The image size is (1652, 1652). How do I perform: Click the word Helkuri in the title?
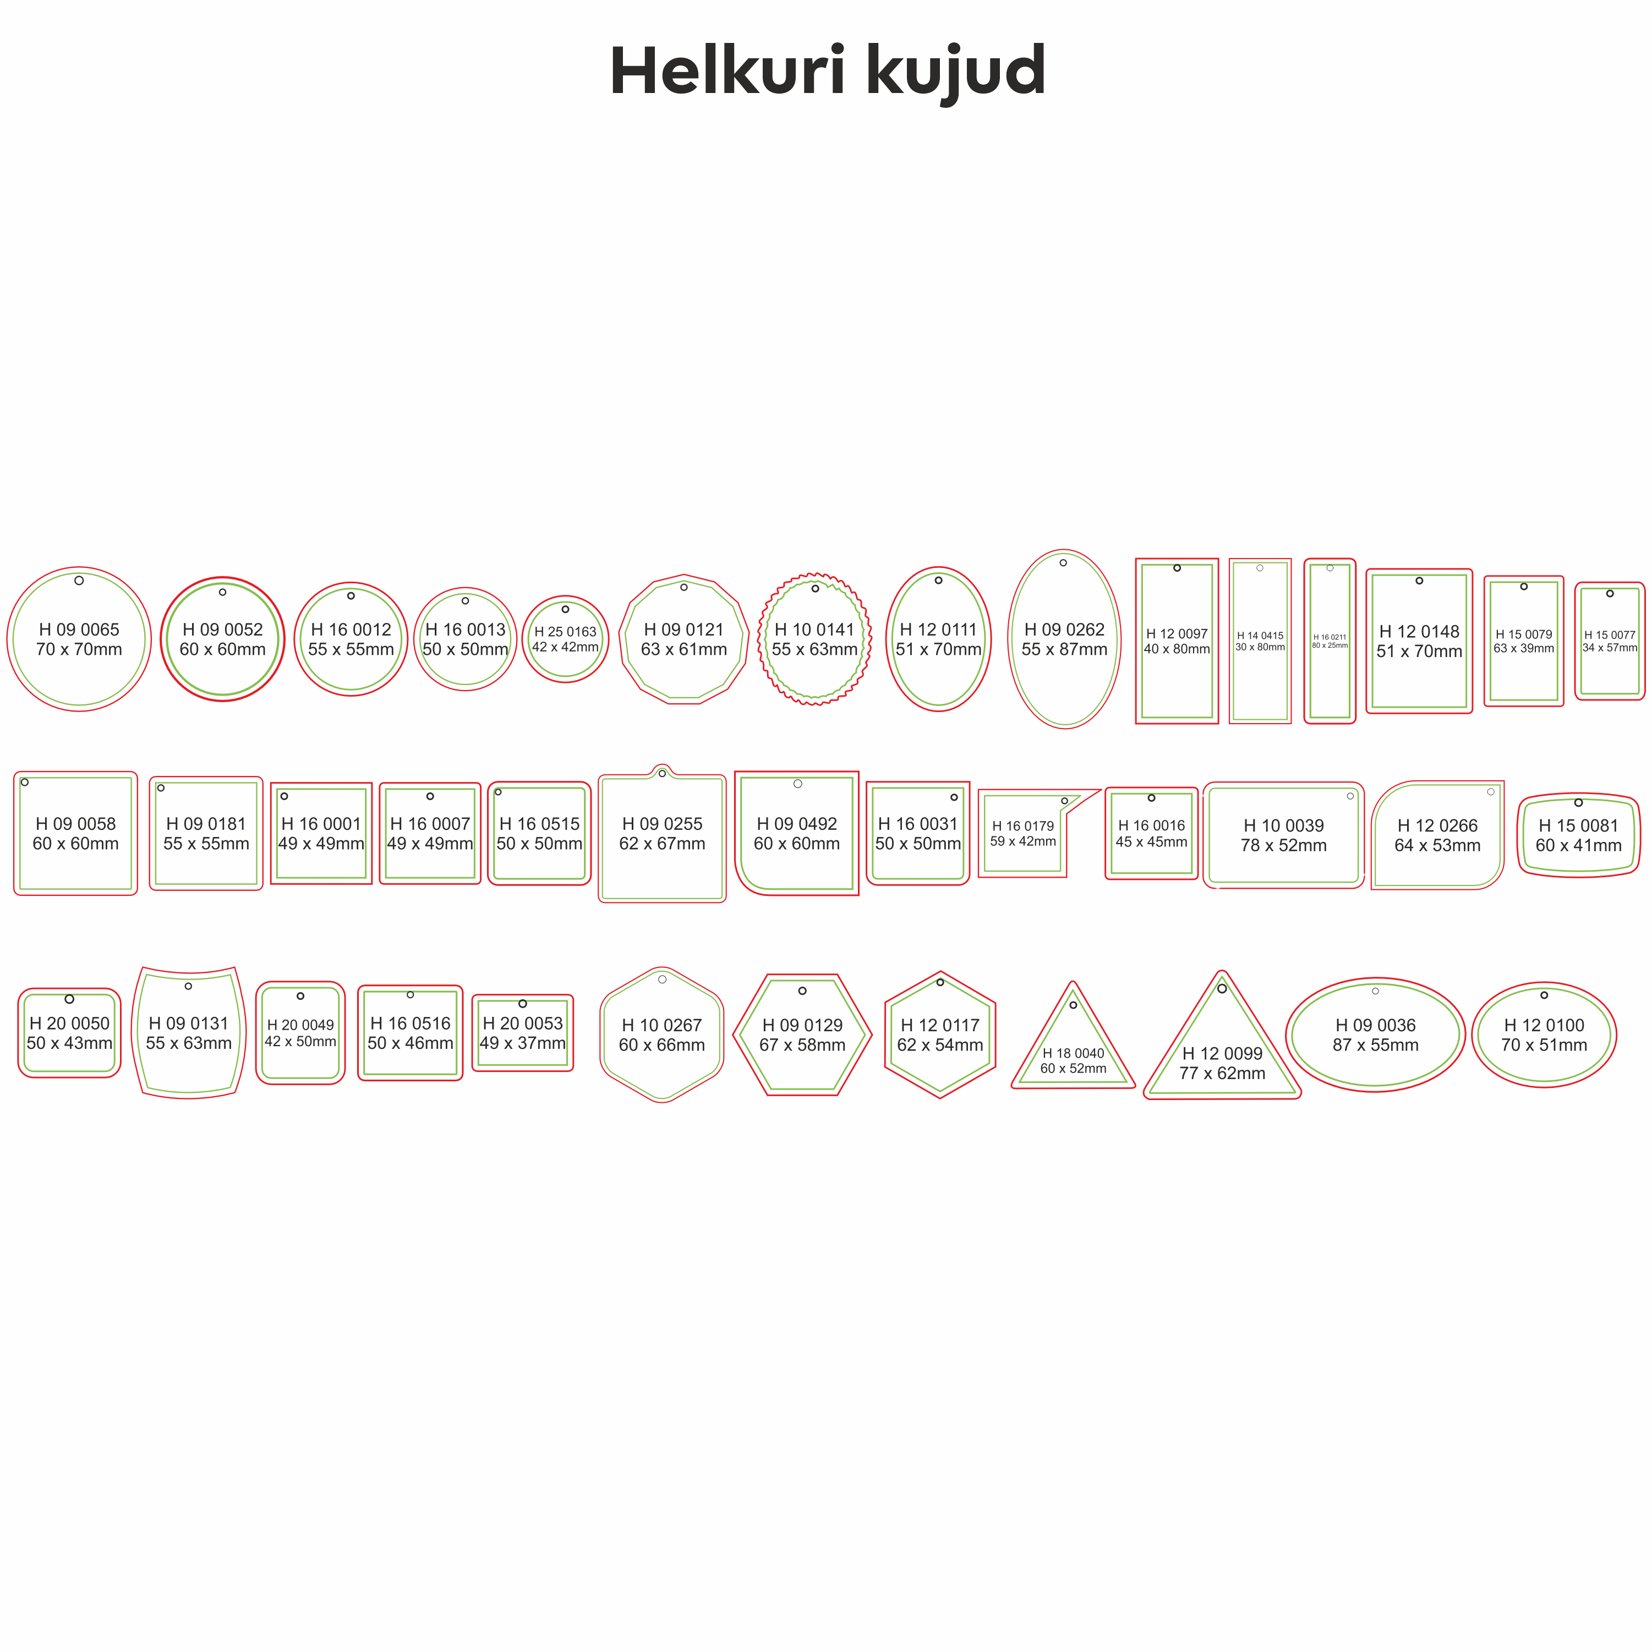(x=727, y=70)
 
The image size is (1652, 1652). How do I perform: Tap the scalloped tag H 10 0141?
(x=815, y=639)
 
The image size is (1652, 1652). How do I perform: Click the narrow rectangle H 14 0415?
(x=1260, y=641)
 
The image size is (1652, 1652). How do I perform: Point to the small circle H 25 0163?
(x=565, y=639)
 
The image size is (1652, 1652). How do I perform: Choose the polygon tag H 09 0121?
(x=684, y=639)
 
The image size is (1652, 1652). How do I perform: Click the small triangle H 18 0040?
(x=1073, y=1036)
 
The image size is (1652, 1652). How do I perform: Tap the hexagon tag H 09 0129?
(x=802, y=1035)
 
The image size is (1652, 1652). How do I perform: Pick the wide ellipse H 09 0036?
(x=1375, y=1035)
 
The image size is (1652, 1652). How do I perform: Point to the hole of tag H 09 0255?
(x=662, y=774)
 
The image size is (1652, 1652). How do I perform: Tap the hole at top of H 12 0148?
(x=1419, y=581)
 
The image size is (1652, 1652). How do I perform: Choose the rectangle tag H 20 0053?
(x=522, y=1033)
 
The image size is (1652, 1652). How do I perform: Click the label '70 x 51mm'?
(x=1544, y=1045)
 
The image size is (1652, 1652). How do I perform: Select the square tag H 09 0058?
(x=75, y=833)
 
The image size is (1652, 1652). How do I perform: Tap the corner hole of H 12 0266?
(x=1490, y=792)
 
